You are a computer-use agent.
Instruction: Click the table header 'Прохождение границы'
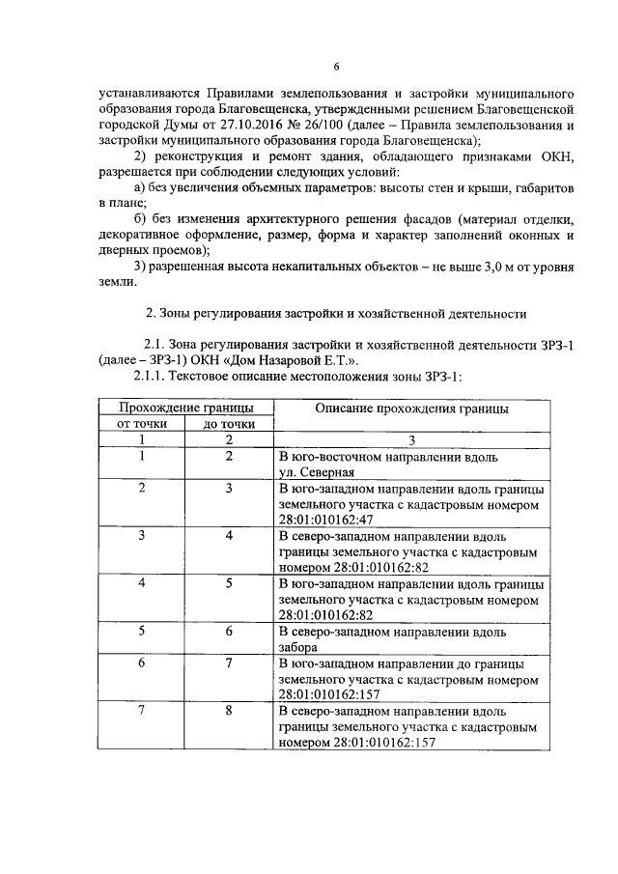pyautogui.click(x=186, y=409)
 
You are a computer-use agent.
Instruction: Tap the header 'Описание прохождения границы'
pyautogui.click(x=412, y=409)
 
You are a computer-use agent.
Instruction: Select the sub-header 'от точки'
pyautogui.click(x=142, y=424)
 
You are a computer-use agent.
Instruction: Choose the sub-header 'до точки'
pyautogui.click(x=230, y=424)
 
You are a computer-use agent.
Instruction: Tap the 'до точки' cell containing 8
pyautogui.click(x=230, y=711)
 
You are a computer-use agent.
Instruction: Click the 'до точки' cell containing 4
pyautogui.click(x=230, y=535)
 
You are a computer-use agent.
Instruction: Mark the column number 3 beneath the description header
pyautogui.click(x=412, y=439)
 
